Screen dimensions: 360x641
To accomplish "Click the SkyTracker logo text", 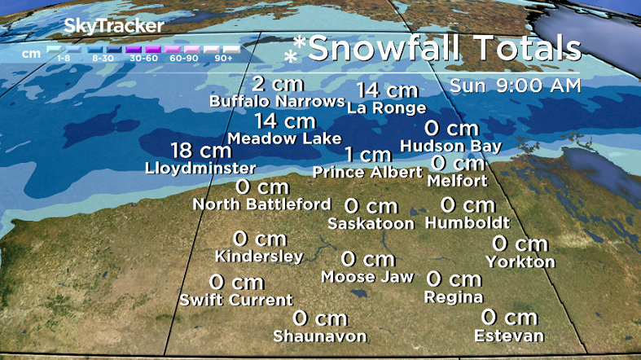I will [x=113, y=26].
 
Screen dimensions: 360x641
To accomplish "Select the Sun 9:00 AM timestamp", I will [x=516, y=86].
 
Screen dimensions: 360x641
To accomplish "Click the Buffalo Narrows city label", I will [x=277, y=102].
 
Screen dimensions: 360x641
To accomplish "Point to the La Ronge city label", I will [x=386, y=108].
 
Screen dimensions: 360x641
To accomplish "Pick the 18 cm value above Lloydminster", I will [x=200, y=151].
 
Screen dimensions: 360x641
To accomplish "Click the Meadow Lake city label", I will [x=284, y=138].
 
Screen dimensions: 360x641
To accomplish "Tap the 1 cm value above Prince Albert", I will [x=367, y=155].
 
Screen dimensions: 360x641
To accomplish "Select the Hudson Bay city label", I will [x=450, y=146].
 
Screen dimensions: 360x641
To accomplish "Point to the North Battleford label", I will [x=261, y=204].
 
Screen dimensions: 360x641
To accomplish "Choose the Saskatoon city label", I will [x=371, y=223].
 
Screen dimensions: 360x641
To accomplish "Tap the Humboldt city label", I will [x=468, y=222].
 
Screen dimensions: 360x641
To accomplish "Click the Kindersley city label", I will [x=259, y=257].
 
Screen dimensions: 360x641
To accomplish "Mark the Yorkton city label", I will [x=520, y=261].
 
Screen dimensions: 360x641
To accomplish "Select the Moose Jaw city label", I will [x=367, y=277].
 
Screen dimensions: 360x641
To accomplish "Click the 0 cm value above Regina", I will [x=454, y=279].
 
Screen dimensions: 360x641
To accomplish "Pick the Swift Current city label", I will [x=236, y=301].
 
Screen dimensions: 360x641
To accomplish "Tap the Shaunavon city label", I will [x=319, y=336].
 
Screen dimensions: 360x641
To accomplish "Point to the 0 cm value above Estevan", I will [x=509, y=317].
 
